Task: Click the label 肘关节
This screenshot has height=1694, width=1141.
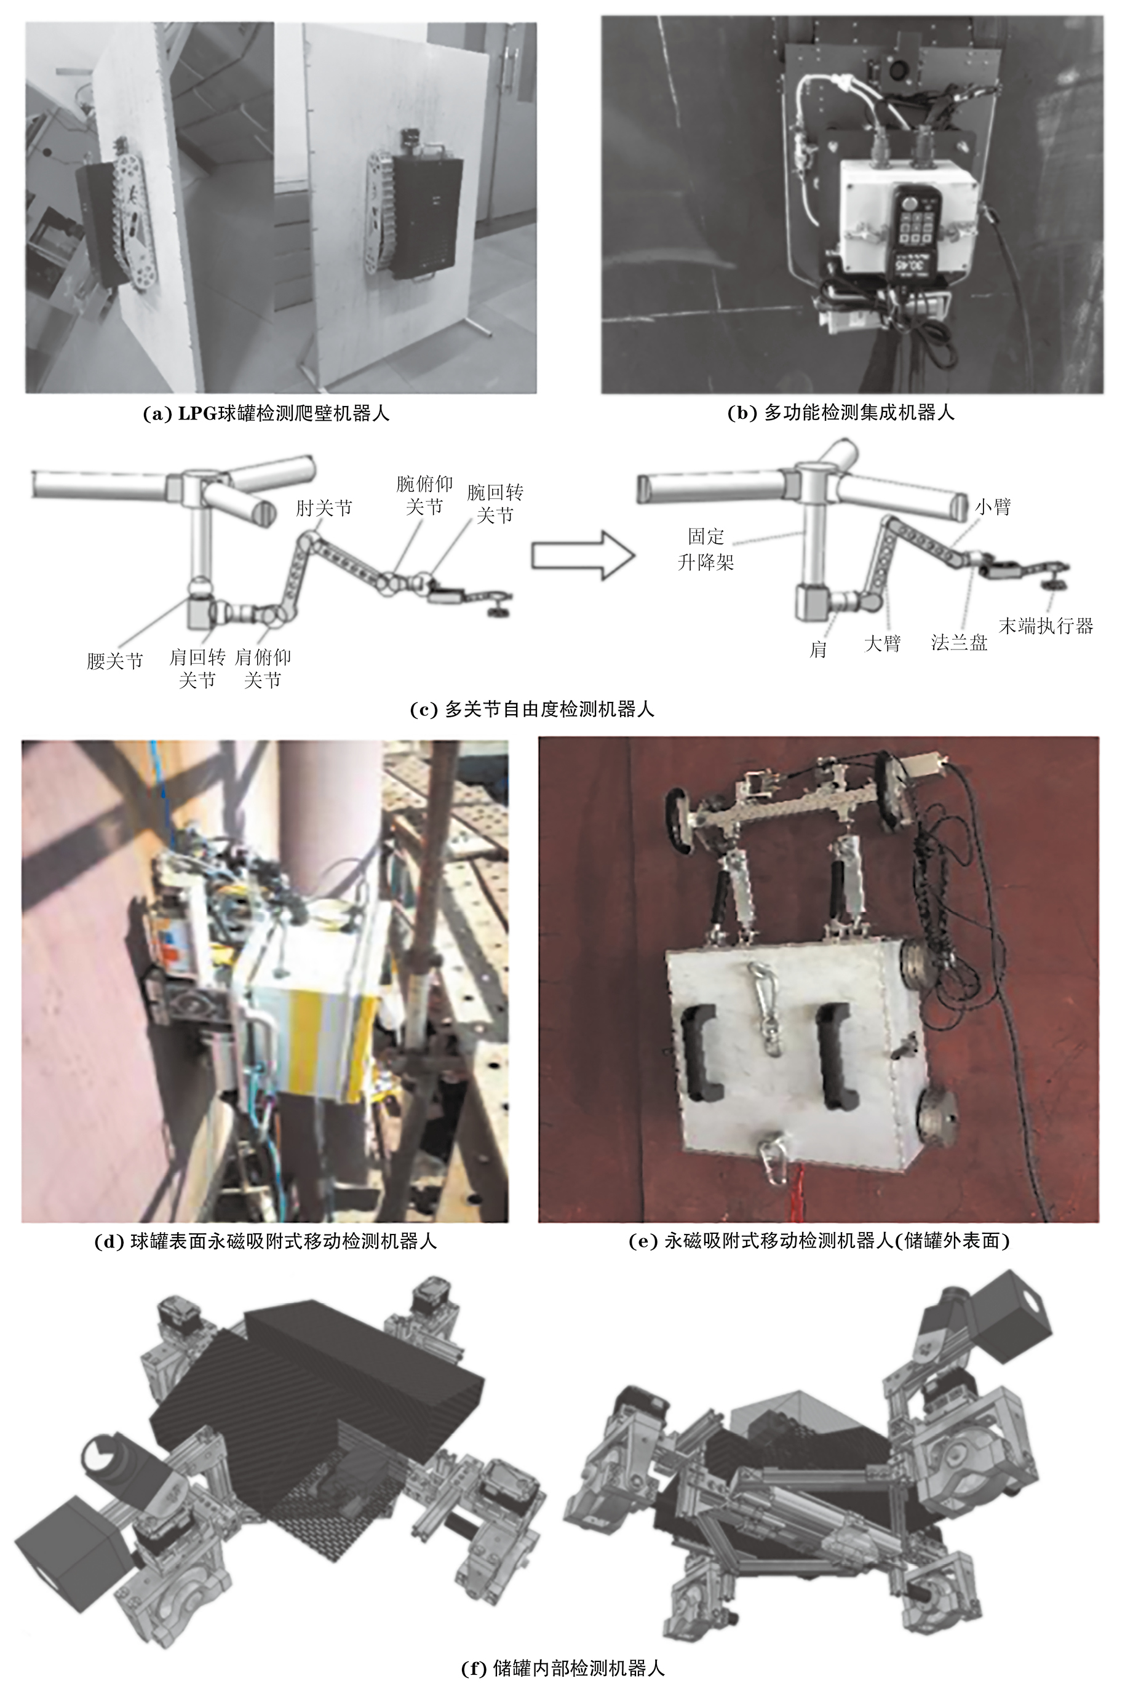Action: pyautogui.click(x=324, y=507)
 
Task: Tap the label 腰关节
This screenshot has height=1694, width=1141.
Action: pyautogui.click(x=115, y=661)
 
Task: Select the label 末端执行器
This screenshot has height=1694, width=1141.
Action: pyautogui.click(x=1046, y=626)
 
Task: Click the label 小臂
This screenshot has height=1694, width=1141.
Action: pyautogui.click(x=993, y=506)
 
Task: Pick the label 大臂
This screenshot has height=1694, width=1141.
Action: pyautogui.click(x=882, y=643)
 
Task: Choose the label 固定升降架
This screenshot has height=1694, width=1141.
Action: pyautogui.click(x=706, y=549)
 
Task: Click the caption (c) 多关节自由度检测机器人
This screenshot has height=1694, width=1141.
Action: pyautogui.click(x=532, y=709)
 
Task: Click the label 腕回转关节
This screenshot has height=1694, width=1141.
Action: pyautogui.click(x=495, y=504)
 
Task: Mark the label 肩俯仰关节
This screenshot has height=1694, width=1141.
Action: pyautogui.click(x=263, y=669)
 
